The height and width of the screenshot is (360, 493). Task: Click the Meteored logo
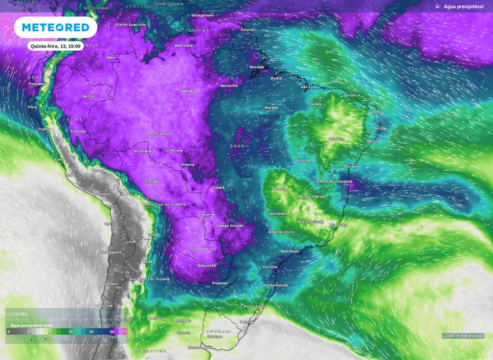pyautogui.click(x=55, y=27)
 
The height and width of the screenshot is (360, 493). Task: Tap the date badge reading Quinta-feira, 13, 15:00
pyautogui.click(x=56, y=46)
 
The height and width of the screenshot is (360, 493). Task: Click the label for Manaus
pyautogui.click(x=189, y=91)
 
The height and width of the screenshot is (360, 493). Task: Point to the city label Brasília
pyautogui.click(x=280, y=189)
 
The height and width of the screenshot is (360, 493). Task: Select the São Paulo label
pyautogui.click(x=290, y=251)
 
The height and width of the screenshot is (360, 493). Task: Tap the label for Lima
pyautogui.click(x=59, y=160)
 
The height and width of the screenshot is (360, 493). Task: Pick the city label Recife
pyautogui.click(x=379, y=128)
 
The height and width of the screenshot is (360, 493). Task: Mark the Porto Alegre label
pyautogui.click(x=255, y=306)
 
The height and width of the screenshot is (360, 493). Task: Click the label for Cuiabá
pyautogui.click(x=218, y=188)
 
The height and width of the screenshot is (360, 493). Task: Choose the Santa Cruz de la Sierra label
pyautogui.click(x=165, y=204)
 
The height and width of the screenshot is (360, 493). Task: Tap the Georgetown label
pyautogui.click(x=203, y=15)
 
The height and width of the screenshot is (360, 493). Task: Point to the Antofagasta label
pyautogui.click(x=110, y=252)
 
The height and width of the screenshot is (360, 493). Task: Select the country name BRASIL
pyautogui.click(x=240, y=146)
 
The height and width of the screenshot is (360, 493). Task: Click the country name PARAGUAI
pyautogui.click(x=203, y=249)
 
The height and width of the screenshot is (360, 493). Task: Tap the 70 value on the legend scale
pyautogui.click(x=124, y=332)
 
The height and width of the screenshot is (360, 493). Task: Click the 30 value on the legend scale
pyautogui.click(x=71, y=332)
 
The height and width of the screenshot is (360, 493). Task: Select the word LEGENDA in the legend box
pyautogui.click(x=18, y=313)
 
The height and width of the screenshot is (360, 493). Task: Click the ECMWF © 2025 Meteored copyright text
pyautogui.click(x=463, y=336)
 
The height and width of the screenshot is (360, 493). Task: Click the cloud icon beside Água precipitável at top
pyautogui.click(x=438, y=7)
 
